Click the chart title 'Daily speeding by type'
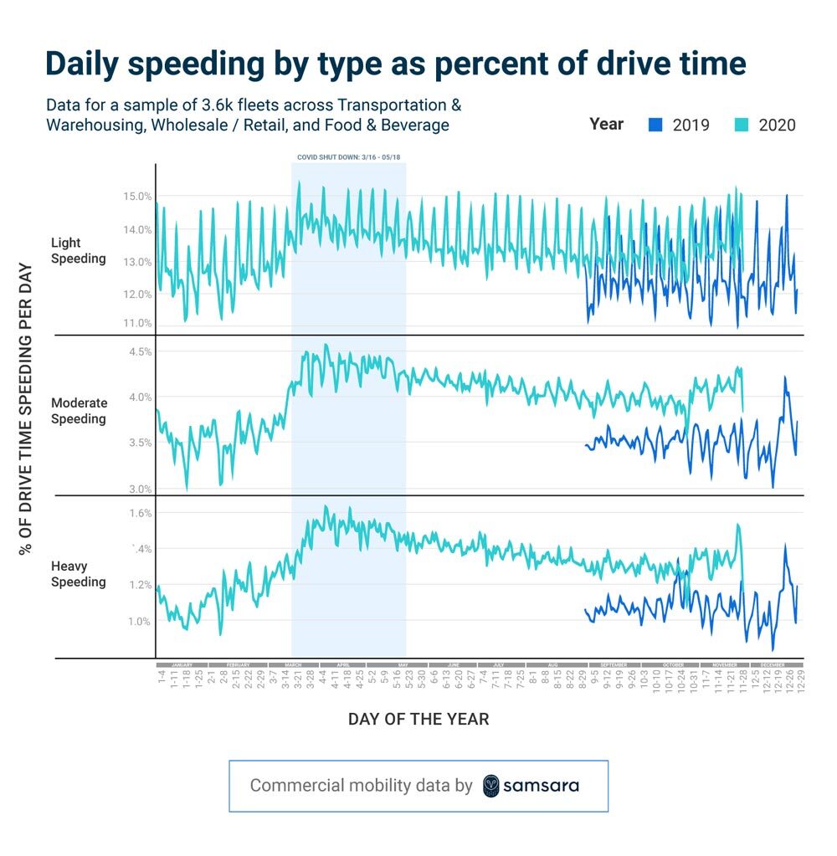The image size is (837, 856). tap(394, 64)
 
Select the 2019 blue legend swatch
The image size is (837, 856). tap(655, 125)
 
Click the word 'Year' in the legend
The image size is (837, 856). tap(606, 124)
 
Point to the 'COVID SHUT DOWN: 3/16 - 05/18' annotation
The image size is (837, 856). tap(348, 156)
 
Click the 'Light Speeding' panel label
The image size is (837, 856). tap(79, 251)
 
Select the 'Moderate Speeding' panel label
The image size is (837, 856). tap(79, 411)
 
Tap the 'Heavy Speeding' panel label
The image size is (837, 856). tap(79, 574)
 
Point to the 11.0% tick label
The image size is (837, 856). tap(138, 324)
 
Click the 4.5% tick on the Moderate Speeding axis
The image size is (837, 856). tap(140, 352)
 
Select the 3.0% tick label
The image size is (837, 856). tap(140, 489)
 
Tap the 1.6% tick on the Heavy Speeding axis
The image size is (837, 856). tap(140, 513)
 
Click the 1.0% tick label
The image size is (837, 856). tap(140, 621)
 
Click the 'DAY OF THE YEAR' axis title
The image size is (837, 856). tap(418, 719)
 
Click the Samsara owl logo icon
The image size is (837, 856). tap(492, 786)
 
